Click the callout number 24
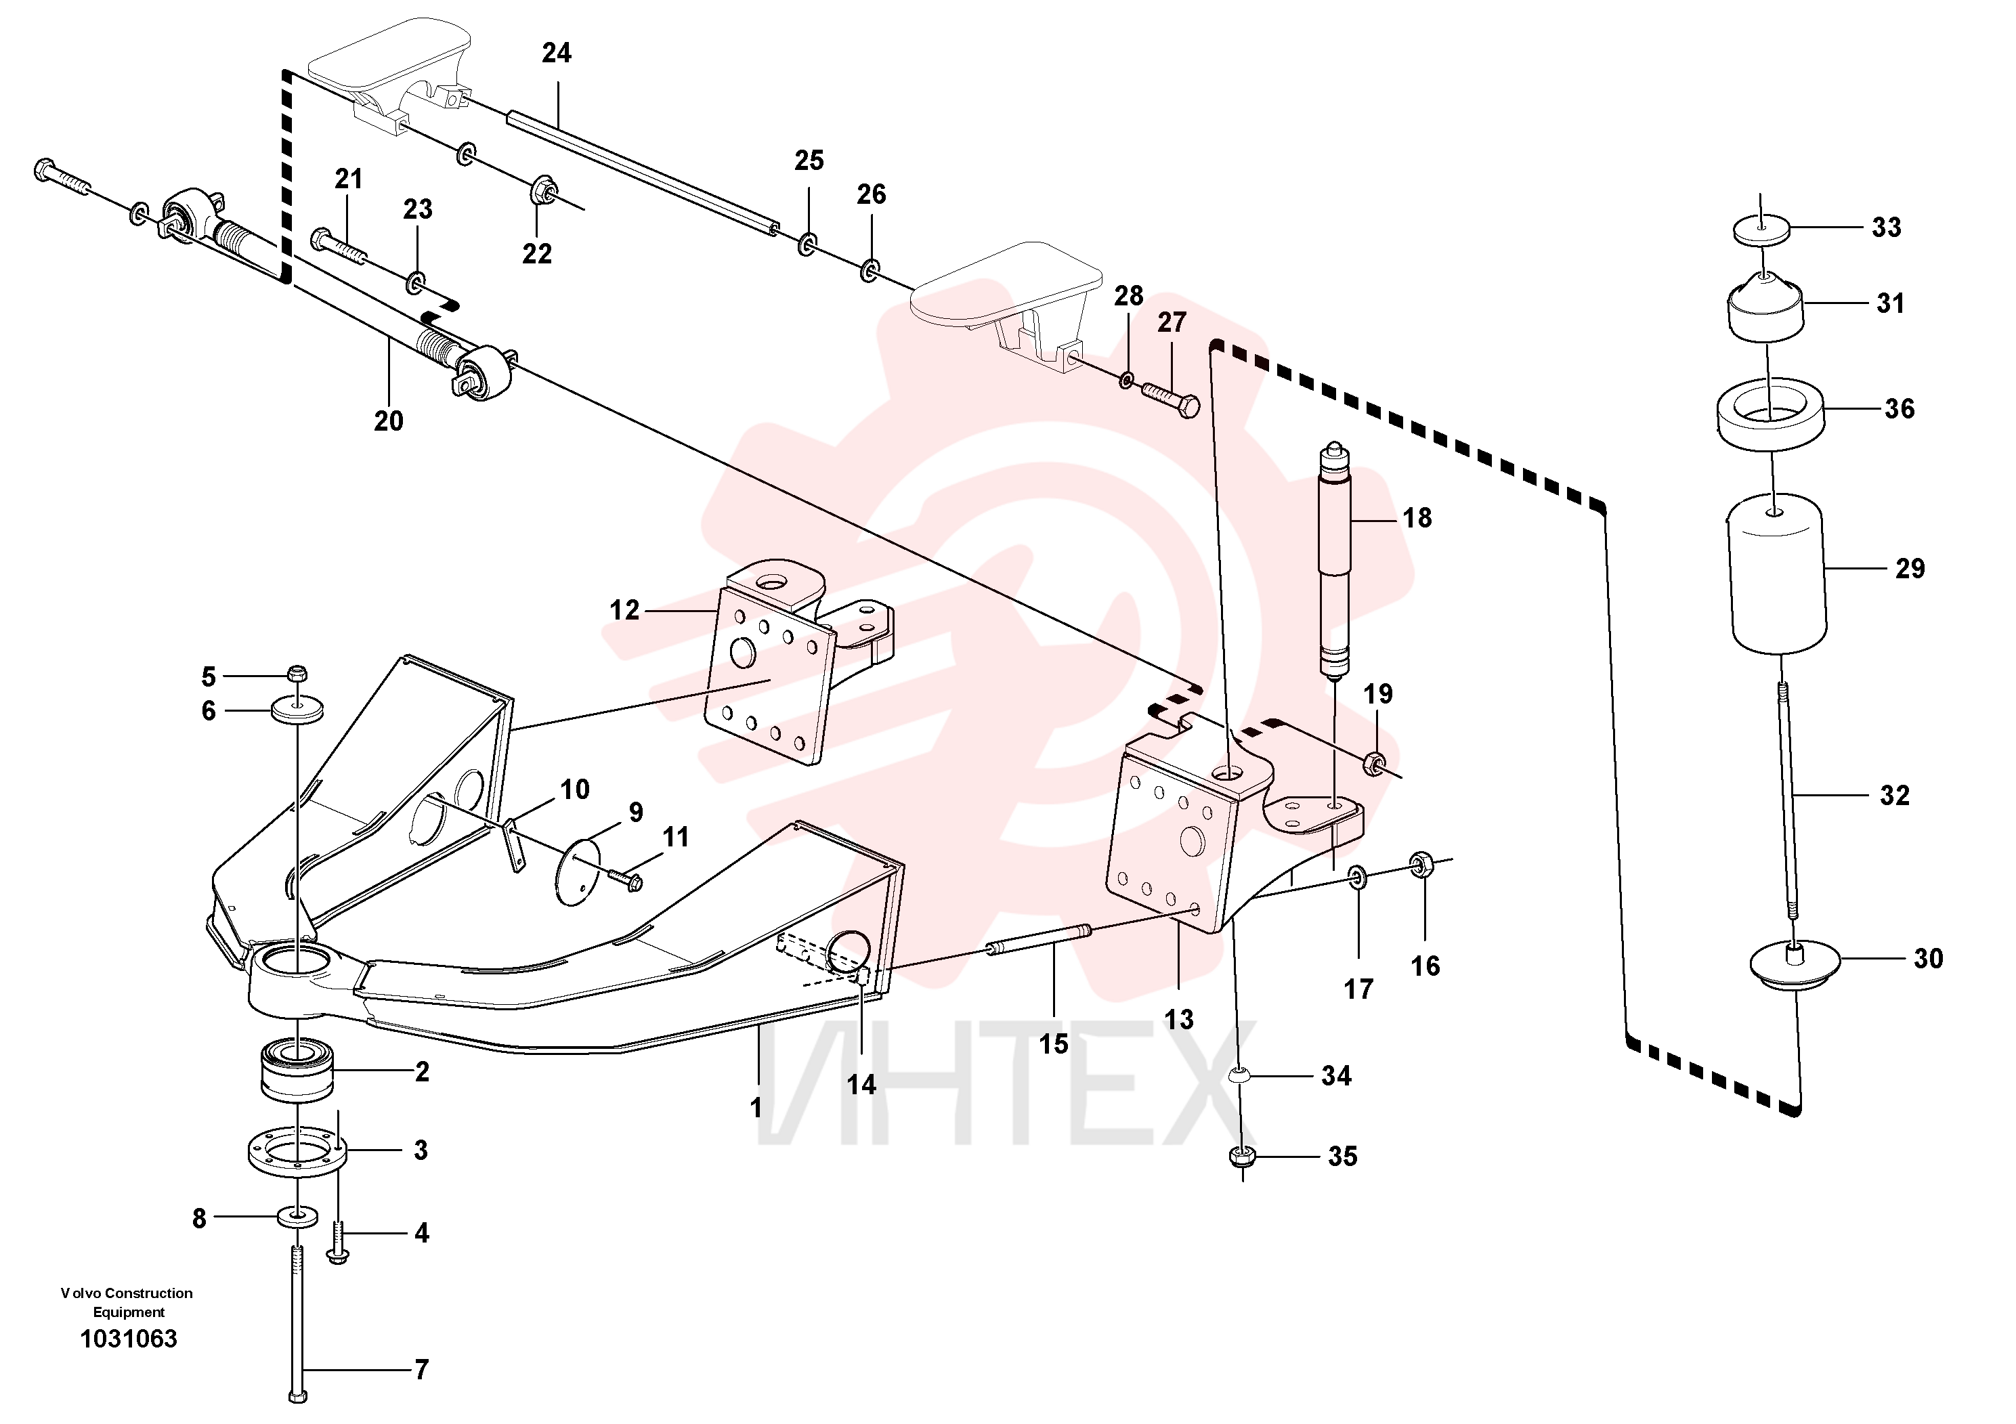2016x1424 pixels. point(556,53)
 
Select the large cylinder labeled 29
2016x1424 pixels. point(1778,575)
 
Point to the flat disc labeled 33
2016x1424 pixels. point(1761,231)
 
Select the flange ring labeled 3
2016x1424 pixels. point(299,1150)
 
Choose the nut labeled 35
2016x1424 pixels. point(1241,1157)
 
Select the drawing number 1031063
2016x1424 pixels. point(129,1339)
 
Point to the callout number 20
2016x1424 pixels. point(389,421)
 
